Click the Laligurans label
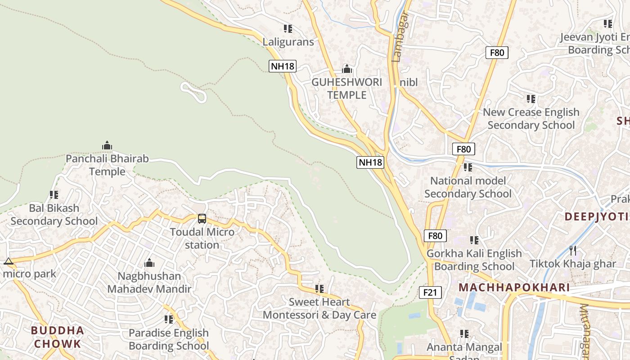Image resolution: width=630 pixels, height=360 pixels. [288, 42]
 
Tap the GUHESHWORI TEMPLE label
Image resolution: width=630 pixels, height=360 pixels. [346, 89]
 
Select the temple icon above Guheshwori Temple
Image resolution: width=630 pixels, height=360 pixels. [346, 69]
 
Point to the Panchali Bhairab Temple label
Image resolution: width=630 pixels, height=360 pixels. [107, 165]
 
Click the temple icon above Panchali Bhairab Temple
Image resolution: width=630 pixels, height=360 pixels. [107, 145]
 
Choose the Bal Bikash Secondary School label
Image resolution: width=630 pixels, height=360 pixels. [54, 215]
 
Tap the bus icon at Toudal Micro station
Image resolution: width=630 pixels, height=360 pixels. [202, 219]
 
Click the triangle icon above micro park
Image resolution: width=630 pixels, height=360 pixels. [8, 261]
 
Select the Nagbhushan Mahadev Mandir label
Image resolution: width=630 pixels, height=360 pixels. [149, 282]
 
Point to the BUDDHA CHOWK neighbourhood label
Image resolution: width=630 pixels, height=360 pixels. [58, 337]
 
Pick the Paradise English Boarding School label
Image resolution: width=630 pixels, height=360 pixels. [169, 339]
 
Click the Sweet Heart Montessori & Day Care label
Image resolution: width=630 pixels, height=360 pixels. [319, 308]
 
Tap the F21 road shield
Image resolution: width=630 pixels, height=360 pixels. [430, 292]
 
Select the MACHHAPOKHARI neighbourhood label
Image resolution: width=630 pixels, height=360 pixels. [514, 288]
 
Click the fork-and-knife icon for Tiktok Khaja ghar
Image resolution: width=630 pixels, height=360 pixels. [573, 250]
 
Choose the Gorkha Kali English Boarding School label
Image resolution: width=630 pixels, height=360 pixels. [474, 260]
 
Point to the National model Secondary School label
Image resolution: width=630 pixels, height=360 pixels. [468, 187]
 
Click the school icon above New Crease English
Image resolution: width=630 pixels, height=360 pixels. [531, 99]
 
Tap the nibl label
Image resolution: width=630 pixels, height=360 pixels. [409, 82]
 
